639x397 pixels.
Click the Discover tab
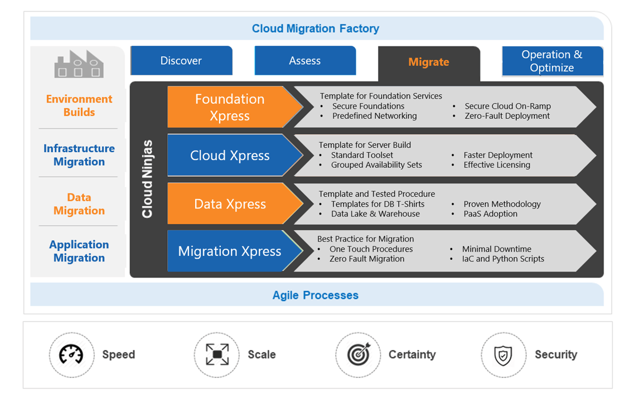click(181, 61)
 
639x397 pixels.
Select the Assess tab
click(304, 61)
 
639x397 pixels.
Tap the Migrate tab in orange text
click(428, 62)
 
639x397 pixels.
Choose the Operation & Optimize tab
click(552, 61)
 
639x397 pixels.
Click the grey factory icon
click(79, 65)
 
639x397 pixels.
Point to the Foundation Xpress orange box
click(230, 107)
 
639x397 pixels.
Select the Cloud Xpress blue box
click(230, 156)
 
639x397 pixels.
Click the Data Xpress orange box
click(230, 204)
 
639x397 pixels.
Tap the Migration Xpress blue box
click(230, 251)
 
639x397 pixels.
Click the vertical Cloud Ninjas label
click(147, 179)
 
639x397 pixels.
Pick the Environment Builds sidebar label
click(79, 105)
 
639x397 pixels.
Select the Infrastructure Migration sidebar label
click(79, 155)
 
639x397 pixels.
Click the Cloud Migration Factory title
click(315, 28)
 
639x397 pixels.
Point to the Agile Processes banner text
click(315, 296)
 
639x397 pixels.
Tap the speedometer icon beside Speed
click(71, 355)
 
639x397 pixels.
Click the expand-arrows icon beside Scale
click(217, 355)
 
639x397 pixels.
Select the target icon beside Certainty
click(358, 355)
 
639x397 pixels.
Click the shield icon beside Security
click(504, 355)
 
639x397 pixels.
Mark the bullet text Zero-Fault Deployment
click(507, 116)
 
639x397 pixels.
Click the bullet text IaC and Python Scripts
click(503, 259)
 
